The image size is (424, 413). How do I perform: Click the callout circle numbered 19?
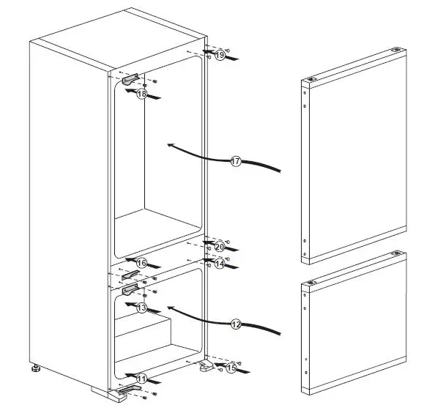click(x=220, y=56)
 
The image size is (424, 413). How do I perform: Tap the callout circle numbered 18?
click(x=141, y=94)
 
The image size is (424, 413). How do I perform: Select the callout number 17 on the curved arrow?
click(x=236, y=161)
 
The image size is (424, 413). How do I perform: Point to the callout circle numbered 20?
click(x=219, y=246)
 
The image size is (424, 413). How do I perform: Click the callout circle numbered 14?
click(x=220, y=264)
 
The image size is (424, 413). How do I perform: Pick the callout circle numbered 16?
click(x=142, y=263)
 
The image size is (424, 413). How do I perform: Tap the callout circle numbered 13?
click(x=141, y=308)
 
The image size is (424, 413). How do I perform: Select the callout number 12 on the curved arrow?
click(x=236, y=322)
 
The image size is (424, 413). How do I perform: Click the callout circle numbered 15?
click(x=231, y=368)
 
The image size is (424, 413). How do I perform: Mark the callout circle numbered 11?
click(x=141, y=379)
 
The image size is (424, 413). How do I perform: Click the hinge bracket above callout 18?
click(x=131, y=78)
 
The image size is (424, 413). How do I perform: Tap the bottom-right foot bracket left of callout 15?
click(x=206, y=365)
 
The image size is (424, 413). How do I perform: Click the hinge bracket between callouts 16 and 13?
click(x=130, y=274)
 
